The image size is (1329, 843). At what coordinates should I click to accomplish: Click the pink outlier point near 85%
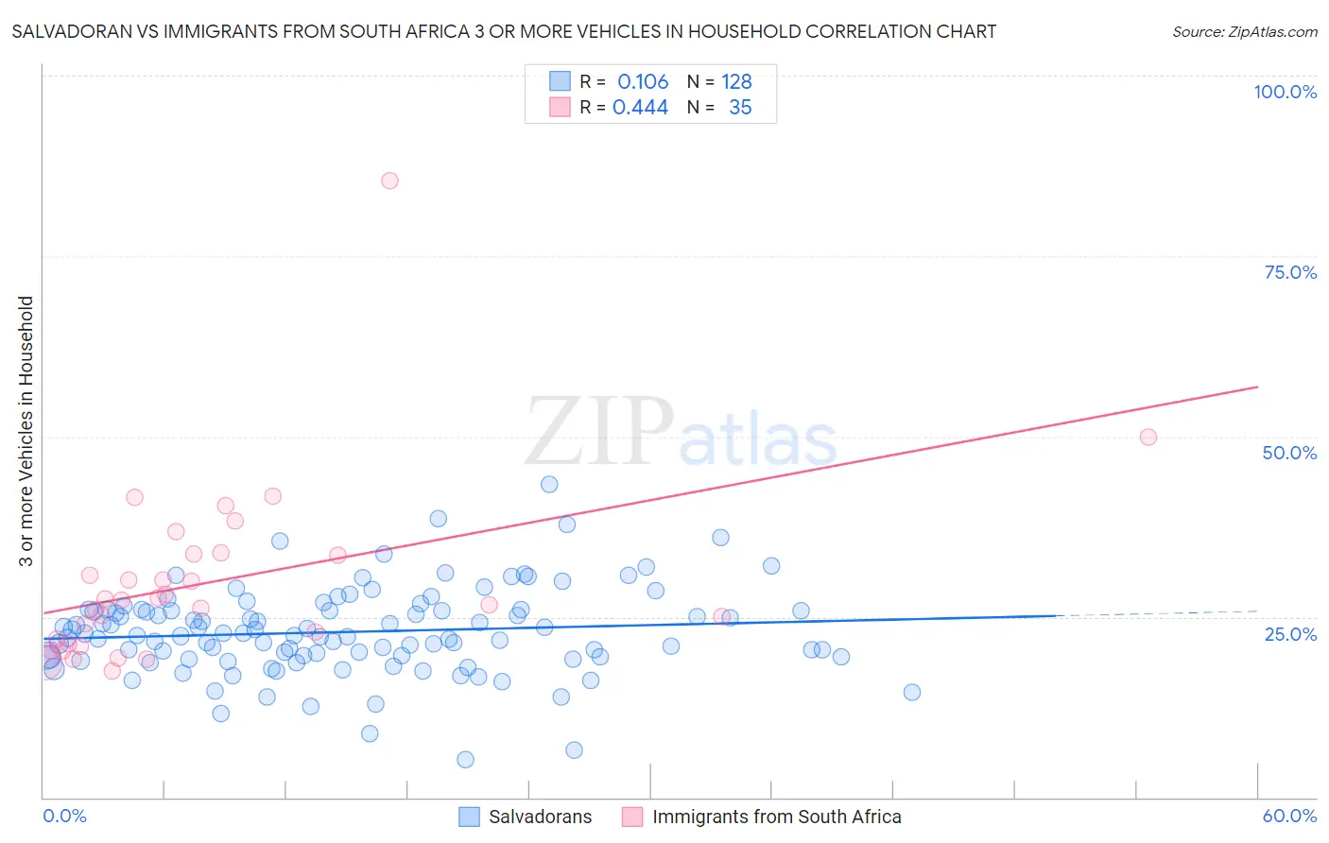389,181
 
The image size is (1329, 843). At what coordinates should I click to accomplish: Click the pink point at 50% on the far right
1148,437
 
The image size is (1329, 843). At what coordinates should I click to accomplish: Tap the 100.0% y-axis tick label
1285,92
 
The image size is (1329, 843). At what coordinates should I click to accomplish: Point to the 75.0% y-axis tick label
1290,272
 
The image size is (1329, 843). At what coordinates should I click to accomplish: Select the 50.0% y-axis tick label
1289,453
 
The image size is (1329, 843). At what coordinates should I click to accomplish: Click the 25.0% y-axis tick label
1290,633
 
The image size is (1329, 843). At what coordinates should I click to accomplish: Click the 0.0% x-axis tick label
64,816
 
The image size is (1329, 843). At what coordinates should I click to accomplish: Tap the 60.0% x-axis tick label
1289,816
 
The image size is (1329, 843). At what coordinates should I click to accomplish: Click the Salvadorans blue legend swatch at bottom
470,817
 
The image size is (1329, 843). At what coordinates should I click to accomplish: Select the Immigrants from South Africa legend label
776,817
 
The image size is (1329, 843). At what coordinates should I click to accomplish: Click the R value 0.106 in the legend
643,81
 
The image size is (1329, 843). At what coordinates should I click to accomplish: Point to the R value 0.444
640,108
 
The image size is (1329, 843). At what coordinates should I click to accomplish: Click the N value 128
736,81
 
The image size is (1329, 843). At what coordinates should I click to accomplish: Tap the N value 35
740,108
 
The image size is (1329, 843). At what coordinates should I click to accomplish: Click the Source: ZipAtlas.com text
1244,31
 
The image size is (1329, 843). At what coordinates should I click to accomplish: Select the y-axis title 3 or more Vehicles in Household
26,431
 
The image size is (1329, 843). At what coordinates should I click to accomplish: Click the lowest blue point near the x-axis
465,759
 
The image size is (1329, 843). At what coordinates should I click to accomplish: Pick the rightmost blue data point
912,692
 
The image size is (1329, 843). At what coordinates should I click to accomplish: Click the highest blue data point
549,484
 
